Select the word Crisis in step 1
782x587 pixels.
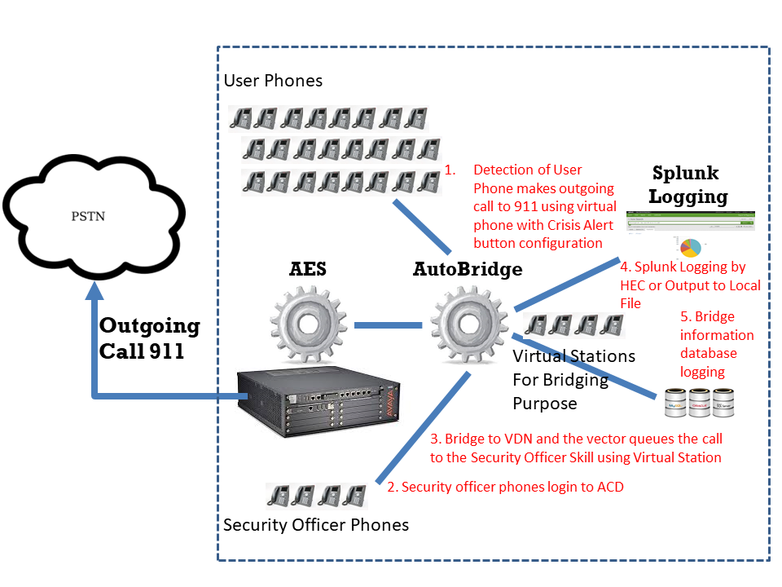click(x=565, y=225)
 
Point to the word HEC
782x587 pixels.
click(x=632, y=285)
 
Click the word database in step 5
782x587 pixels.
click(x=709, y=353)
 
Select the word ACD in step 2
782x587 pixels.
click(x=610, y=488)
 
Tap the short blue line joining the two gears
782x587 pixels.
click(x=389, y=325)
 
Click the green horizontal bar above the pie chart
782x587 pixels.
click(x=691, y=217)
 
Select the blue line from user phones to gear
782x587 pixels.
click(x=421, y=226)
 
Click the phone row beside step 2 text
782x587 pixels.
click(x=316, y=496)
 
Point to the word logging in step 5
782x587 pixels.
click(x=702, y=371)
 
